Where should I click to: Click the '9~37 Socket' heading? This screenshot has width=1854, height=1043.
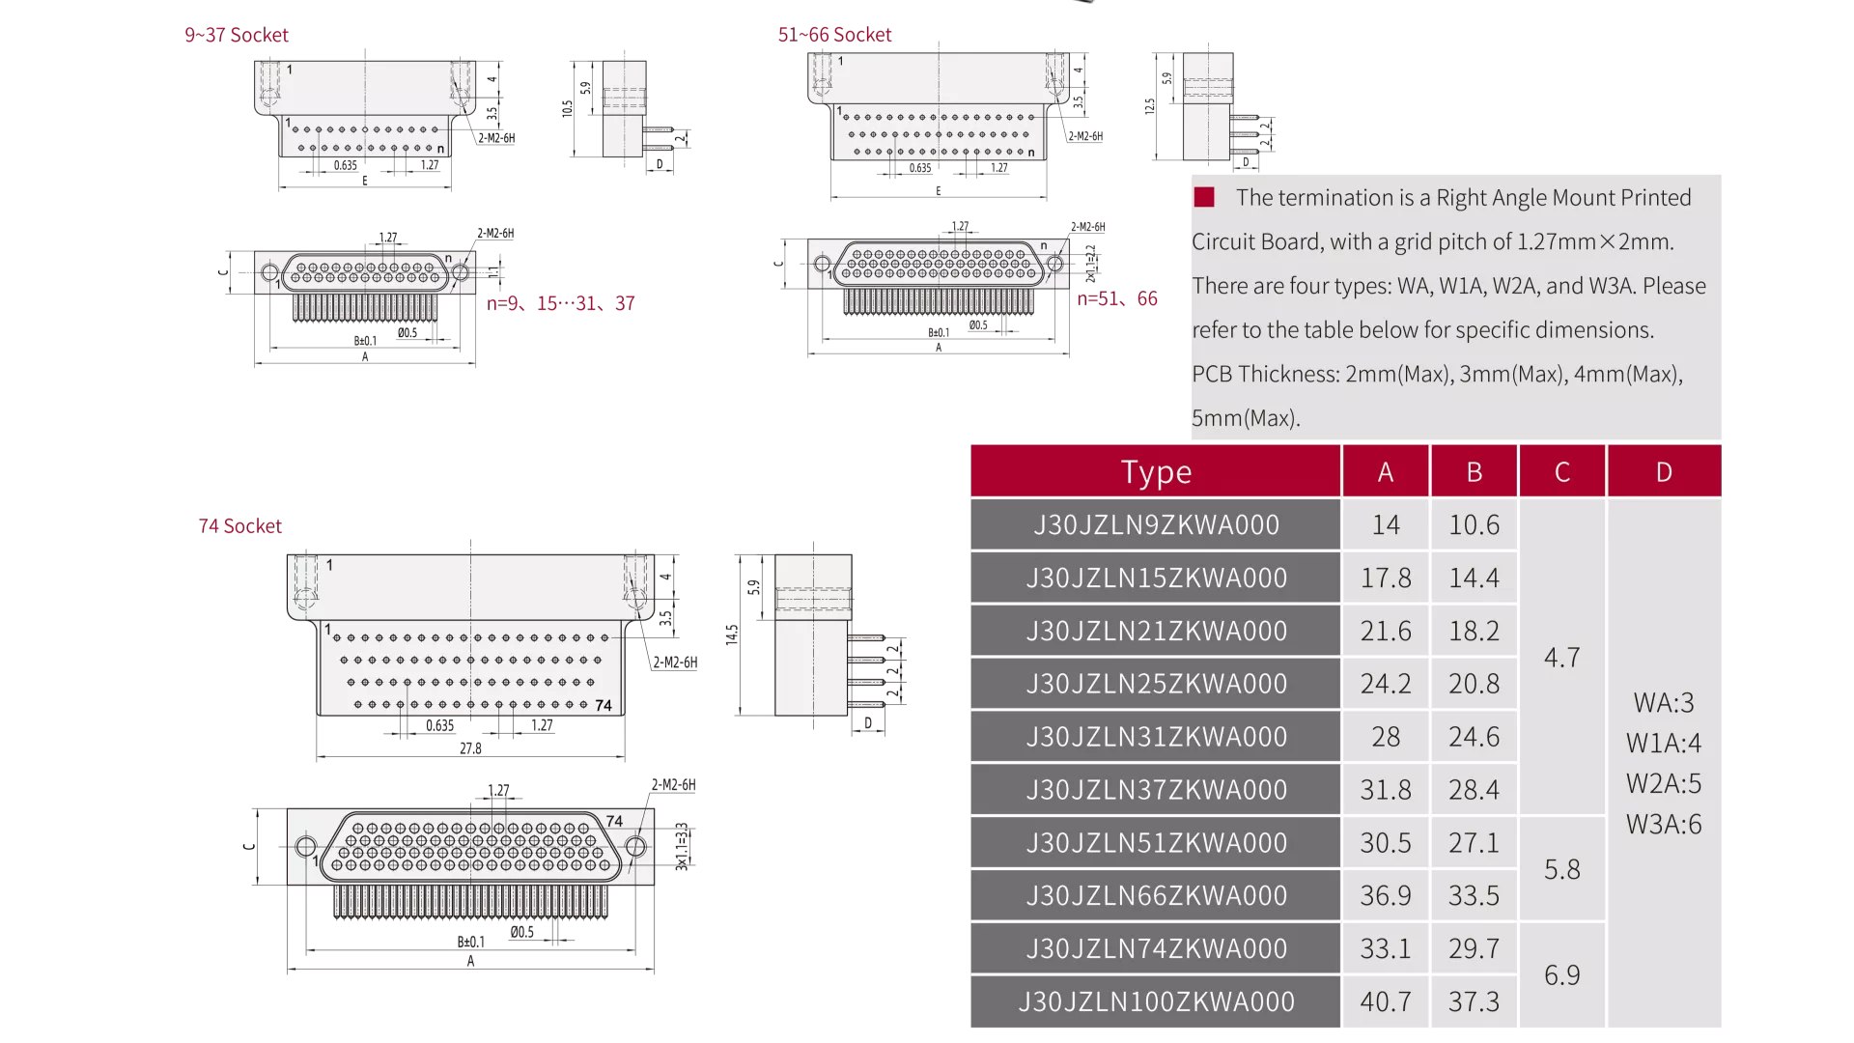click(237, 36)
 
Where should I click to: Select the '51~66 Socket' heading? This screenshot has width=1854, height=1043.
click(834, 36)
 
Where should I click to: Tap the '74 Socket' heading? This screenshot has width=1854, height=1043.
click(239, 526)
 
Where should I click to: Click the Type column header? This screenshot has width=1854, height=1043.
click(1156, 471)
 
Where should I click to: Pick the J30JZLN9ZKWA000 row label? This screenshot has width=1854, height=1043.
click(1156, 524)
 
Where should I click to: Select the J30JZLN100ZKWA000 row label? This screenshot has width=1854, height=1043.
click(1156, 1001)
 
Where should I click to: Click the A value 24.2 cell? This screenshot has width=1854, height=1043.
click(1386, 684)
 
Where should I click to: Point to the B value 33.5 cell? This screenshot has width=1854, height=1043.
click(1474, 895)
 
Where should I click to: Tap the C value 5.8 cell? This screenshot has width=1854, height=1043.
click(1562, 869)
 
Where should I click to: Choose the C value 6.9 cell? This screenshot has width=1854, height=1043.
click(1562, 975)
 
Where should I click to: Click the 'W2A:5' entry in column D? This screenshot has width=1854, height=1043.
click(1664, 783)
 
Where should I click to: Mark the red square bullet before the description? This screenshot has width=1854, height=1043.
click(1204, 197)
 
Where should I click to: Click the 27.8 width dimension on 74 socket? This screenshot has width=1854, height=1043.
click(470, 748)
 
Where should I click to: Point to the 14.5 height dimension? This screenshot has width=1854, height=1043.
click(732, 634)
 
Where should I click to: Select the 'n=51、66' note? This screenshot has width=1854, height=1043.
click(1117, 299)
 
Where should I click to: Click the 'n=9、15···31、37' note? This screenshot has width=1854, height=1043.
click(561, 303)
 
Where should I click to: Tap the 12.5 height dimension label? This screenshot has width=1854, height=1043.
click(1149, 106)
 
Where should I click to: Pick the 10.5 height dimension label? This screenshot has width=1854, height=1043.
click(568, 108)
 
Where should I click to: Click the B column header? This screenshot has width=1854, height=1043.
click(1474, 471)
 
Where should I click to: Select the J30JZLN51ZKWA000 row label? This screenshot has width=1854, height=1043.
click(1156, 842)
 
